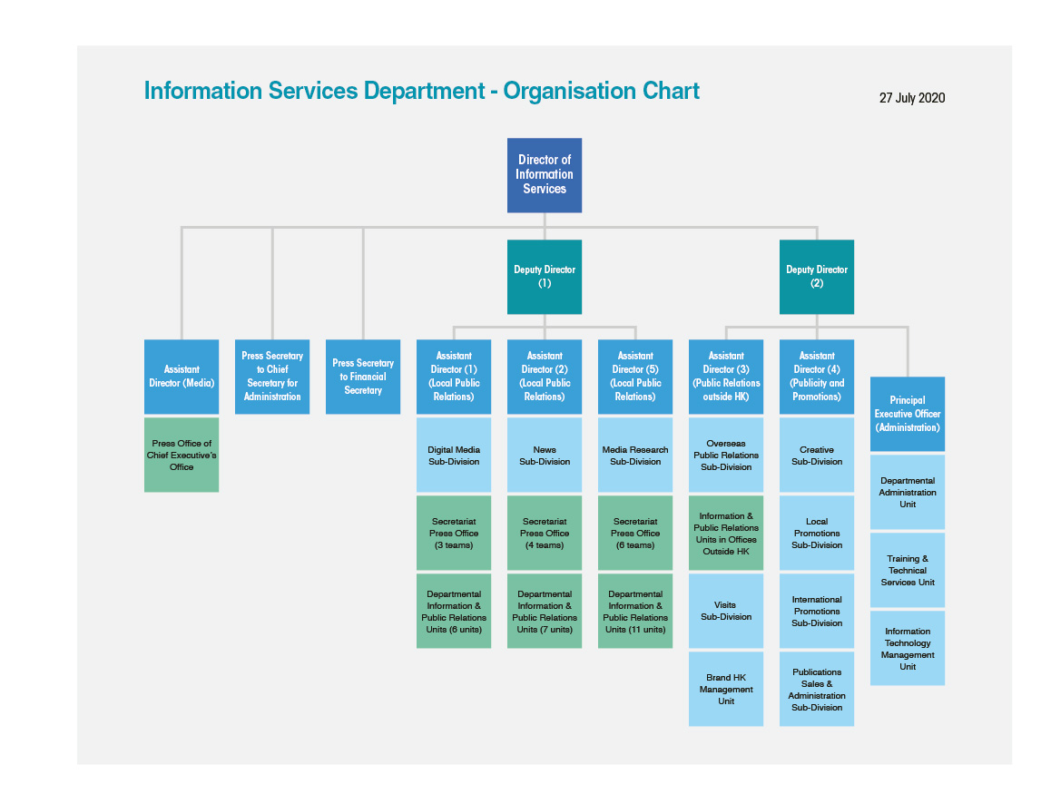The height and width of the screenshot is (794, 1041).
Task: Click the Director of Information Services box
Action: coord(545,175)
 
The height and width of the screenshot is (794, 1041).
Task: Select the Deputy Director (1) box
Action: coord(545,277)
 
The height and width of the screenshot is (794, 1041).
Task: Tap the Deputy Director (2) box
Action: coord(817,277)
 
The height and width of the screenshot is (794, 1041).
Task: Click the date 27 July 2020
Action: coord(912,98)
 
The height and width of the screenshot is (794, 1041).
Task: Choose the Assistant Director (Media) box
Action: coord(182,377)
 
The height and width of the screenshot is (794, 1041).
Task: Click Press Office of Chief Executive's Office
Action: coord(182,455)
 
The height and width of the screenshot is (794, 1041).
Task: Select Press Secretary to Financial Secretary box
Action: coord(363,377)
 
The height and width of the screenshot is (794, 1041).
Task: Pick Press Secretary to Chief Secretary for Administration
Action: coord(272,377)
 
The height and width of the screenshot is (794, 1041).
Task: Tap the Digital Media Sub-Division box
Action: coord(454,455)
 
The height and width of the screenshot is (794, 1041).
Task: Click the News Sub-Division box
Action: coord(545,455)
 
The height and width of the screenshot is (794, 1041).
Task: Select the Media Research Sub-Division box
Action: coord(635,455)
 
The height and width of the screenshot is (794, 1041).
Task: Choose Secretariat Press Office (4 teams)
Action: coord(545,533)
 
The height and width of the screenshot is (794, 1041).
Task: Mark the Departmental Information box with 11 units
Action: coord(635,611)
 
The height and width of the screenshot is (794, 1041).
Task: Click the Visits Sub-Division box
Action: coord(726,611)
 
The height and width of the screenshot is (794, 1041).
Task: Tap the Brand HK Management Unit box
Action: coord(726,689)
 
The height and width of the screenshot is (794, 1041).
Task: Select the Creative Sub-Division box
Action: coord(817,455)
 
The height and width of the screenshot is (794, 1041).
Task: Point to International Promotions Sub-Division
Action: coord(817,611)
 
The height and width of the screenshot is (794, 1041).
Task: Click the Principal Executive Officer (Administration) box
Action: coord(908,414)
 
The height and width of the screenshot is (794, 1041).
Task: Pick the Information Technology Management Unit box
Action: coord(908,648)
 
